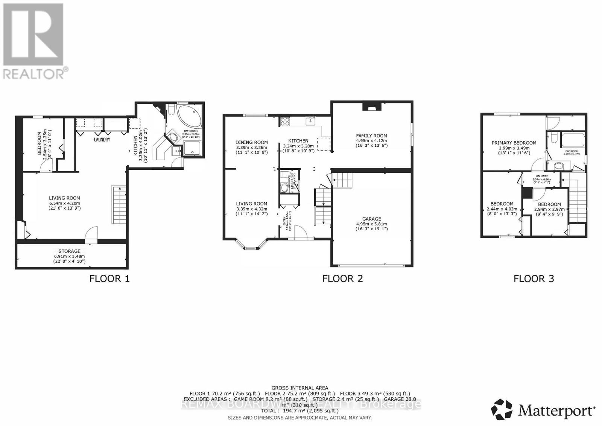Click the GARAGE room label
point(371,219)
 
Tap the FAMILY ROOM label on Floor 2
point(371,136)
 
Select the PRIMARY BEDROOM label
point(514,143)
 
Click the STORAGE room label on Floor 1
point(69,251)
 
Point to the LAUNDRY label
point(102,140)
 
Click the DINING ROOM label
point(252,142)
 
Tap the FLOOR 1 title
point(109,278)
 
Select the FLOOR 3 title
point(534,278)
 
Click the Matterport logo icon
point(502,409)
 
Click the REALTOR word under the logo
point(34,73)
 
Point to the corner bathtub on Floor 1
point(189,117)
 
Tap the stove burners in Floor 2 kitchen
point(285,121)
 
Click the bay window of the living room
point(251,246)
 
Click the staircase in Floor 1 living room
point(119,205)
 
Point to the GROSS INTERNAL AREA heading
point(299,388)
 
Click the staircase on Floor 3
point(577,199)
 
